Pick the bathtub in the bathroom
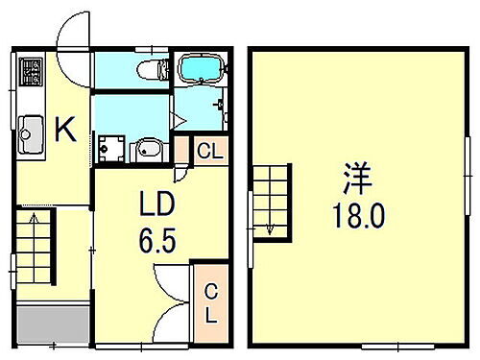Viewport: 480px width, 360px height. pos(201,70)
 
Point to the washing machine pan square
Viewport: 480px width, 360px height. pos(113,148)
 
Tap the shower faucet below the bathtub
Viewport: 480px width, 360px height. pos(220,104)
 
